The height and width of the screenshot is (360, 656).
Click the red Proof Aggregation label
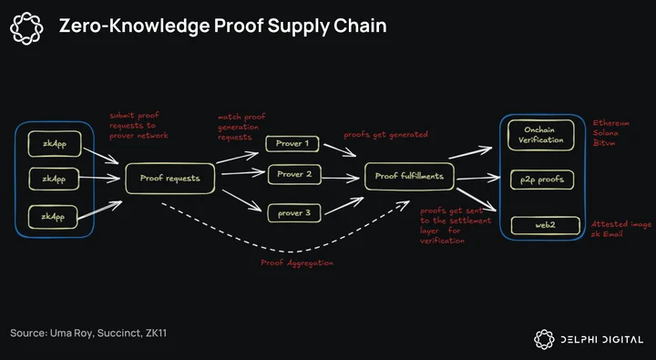click(297, 262)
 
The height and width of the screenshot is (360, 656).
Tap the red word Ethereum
click(610, 123)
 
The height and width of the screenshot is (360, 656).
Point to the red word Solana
click(605, 133)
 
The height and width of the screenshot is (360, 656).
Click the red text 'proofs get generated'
click(385, 135)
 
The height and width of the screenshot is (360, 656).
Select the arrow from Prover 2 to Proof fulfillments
click(341, 179)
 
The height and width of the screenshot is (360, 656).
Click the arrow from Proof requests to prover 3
click(241, 201)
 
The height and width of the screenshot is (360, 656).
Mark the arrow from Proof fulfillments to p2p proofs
click(477, 179)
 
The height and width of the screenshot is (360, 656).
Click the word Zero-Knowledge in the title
click(134, 26)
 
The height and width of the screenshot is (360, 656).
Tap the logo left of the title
click(26, 28)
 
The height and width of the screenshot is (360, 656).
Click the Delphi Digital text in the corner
click(601, 339)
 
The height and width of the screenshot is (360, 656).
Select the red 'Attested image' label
click(621, 224)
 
